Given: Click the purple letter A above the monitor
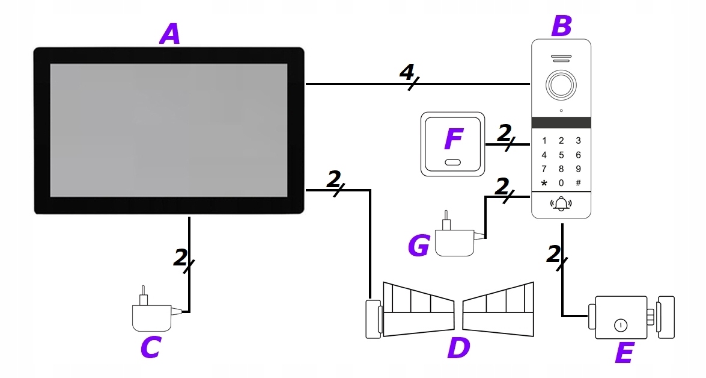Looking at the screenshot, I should point(170,34).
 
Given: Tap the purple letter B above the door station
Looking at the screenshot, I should point(561,26).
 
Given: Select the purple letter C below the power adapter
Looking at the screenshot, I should point(150,347).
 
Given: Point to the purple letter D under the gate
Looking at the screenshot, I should point(459,348).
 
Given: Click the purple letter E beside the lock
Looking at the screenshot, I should point(624,353).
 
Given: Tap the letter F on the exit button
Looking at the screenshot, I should point(453,140).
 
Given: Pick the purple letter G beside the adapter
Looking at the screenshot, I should point(419,246).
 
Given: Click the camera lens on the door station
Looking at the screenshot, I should point(561,85).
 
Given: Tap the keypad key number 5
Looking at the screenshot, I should point(561,155).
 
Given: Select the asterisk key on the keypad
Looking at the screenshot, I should point(544,182).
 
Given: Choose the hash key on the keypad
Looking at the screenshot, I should point(578,182).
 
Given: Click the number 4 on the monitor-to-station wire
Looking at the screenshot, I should point(407,73).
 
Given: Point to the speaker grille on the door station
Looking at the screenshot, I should point(561,60).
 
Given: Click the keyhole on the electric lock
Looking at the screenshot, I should point(620,326).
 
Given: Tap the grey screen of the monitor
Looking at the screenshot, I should point(168,130).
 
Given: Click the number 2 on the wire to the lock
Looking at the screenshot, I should point(553,254).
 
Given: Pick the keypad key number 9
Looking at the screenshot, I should point(578,169).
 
